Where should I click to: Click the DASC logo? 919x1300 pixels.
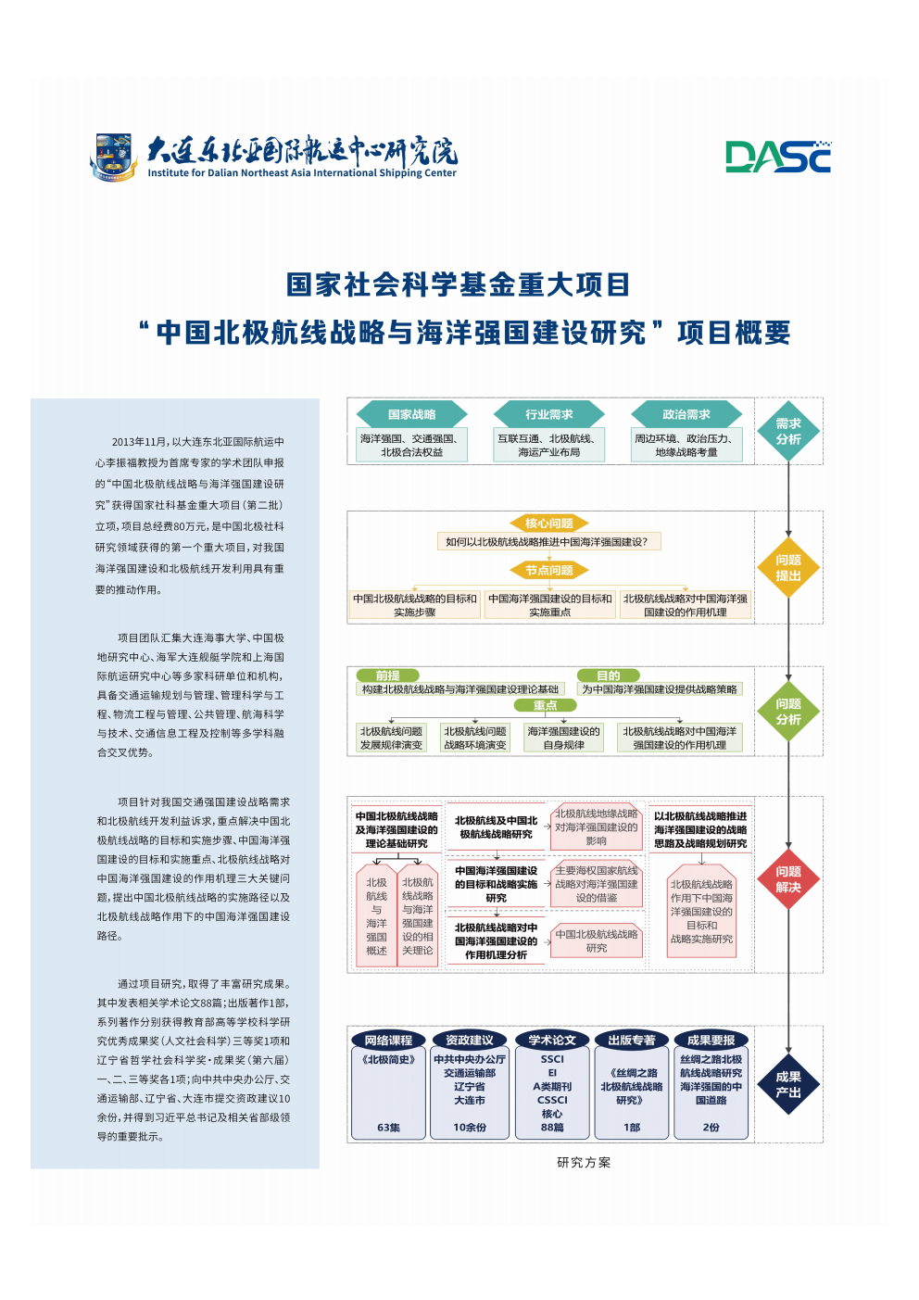coord(778,158)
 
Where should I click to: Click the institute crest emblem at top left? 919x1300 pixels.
coord(115,157)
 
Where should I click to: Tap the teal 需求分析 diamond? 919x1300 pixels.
coord(788,432)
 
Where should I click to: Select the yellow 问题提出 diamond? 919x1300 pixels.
coord(788,568)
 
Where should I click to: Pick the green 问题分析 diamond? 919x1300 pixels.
coord(788,712)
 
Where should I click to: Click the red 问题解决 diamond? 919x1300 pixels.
coord(788,879)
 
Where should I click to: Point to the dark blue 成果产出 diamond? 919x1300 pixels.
coord(788,1085)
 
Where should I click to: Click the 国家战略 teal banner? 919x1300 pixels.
coord(411,414)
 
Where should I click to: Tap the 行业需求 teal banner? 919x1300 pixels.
coord(548,414)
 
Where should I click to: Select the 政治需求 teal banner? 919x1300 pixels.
coord(686,414)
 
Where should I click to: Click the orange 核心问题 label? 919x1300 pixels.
coord(548,524)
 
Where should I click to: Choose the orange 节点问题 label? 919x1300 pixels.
coord(548,570)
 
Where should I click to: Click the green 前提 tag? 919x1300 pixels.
coord(388,675)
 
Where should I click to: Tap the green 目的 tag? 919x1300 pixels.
coord(608,675)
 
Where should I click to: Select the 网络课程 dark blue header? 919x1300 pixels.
coord(388,1041)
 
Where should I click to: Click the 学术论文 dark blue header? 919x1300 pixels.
coord(552,1041)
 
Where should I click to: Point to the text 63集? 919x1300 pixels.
coord(388,1128)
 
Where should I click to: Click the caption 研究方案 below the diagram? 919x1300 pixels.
coord(584,1163)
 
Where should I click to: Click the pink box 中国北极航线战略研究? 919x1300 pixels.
coord(597,941)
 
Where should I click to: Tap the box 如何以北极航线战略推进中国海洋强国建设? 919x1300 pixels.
coord(548,542)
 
